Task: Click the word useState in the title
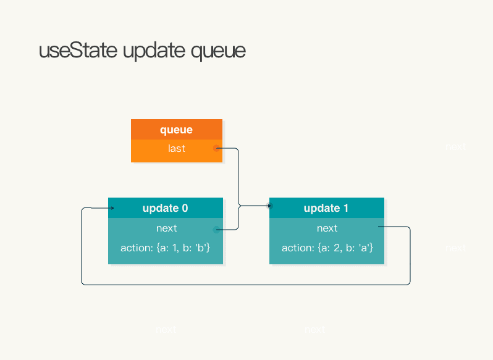coord(78,51)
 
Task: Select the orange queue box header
coord(176,130)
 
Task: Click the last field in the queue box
coord(176,148)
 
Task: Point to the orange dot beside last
coord(216,148)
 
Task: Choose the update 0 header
coord(165,208)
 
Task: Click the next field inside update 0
coord(166,228)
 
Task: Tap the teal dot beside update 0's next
coord(216,230)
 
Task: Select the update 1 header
coord(326,208)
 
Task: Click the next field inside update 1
coord(327,228)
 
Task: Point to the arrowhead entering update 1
coord(269,206)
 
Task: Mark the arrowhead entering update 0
coord(112,208)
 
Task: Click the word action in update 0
coord(136,248)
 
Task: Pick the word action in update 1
coord(297,248)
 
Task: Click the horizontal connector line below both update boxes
coord(247,285)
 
